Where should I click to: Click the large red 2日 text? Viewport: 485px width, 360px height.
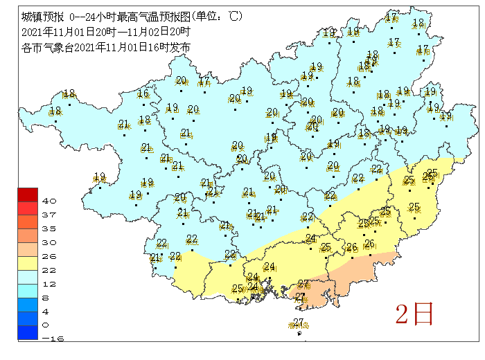[414, 314]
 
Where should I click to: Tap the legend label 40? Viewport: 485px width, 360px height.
[48, 201]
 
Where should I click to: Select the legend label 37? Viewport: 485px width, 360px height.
[48, 215]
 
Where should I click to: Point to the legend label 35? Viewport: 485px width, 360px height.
[48, 228]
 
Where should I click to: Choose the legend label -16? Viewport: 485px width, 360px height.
[48, 339]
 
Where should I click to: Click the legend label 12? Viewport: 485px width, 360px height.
[48, 283]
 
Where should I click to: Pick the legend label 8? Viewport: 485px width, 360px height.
[48, 297]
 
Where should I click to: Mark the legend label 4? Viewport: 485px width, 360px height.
[48, 311]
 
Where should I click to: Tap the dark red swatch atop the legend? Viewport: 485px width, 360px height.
[28, 194]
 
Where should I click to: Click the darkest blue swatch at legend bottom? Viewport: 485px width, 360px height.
[28, 332]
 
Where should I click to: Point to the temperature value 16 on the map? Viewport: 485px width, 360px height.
[143, 94]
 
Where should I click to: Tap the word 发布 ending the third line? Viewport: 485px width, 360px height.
[182, 47]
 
